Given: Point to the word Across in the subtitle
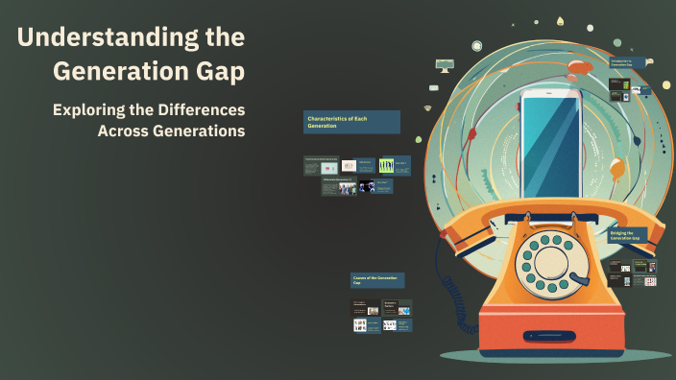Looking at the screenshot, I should click(x=124, y=131).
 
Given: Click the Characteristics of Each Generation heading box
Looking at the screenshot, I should click(x=351, y=122).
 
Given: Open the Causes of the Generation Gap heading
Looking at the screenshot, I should click(x=377, y=280).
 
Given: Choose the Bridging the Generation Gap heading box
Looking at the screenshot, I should click(x=628, y=236).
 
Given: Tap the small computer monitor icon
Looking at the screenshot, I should click(x=445, y=66).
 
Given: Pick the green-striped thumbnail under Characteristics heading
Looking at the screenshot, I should click(x=387, y=166).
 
